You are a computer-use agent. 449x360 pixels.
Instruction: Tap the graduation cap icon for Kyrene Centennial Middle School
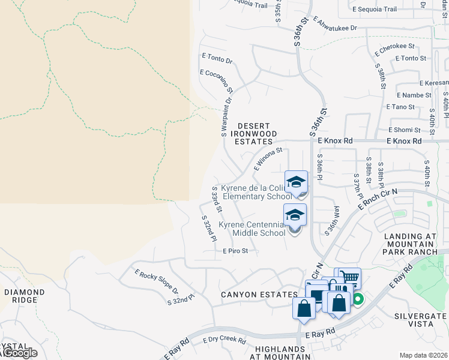pyautogui.click(x=295, y=214)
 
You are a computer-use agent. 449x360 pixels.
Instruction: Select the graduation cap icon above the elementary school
pyautogui.click(x=296, y=182)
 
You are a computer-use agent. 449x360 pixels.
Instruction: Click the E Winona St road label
pyautogui.click(x=268, y=159)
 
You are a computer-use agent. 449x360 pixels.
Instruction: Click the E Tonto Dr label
pyautogui.click(x=217, y=61)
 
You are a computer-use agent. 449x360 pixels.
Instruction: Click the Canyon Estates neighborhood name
pyautogui.click(x=259, y=295)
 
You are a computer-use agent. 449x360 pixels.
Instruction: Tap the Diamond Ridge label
pyautogui.click(x=24, y=296)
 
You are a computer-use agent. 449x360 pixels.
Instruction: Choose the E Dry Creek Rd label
pyautogui.click(x=224, y=340)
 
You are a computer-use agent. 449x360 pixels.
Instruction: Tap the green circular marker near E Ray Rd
pyautogui.click(x=358, y=299)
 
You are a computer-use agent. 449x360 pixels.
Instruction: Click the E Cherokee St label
pyautogui.click(x=394, y=49)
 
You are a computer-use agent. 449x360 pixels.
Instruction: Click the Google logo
pyautogui.click(x=20, y=353)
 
